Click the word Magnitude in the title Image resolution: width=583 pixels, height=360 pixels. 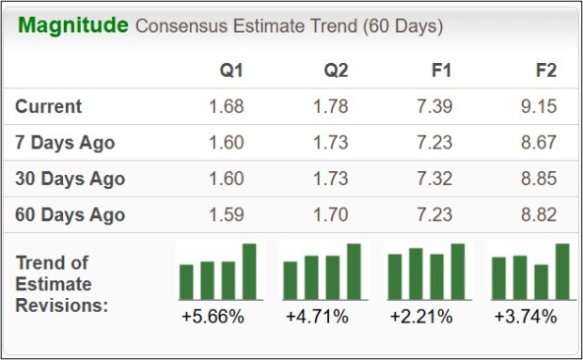72,25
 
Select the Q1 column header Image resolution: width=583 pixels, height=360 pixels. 231,70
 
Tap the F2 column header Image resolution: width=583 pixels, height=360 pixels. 544,70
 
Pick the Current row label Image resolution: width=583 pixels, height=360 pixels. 49,106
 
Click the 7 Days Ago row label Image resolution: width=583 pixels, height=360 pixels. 65,143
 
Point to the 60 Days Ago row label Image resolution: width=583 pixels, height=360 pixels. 70,215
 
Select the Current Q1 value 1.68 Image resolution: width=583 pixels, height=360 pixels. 226,106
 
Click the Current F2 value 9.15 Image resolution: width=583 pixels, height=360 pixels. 538,106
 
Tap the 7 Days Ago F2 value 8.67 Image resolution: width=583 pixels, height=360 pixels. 538,143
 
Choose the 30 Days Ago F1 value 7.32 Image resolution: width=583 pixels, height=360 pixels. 433,179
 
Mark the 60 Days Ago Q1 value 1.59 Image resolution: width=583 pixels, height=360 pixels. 226,215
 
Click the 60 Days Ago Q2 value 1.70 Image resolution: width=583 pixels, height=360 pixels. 330,215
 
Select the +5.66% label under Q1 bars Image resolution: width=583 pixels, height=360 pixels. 213,317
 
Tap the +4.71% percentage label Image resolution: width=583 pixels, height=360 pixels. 317,317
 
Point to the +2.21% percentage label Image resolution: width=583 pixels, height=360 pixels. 421,317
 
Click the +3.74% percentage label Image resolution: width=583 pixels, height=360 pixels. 525,317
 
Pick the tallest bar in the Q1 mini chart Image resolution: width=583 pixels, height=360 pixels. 249,271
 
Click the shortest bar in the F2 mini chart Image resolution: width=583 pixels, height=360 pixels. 541,281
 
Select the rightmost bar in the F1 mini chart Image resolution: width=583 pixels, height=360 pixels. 458,271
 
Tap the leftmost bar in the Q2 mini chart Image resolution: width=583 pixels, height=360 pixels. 291,279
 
